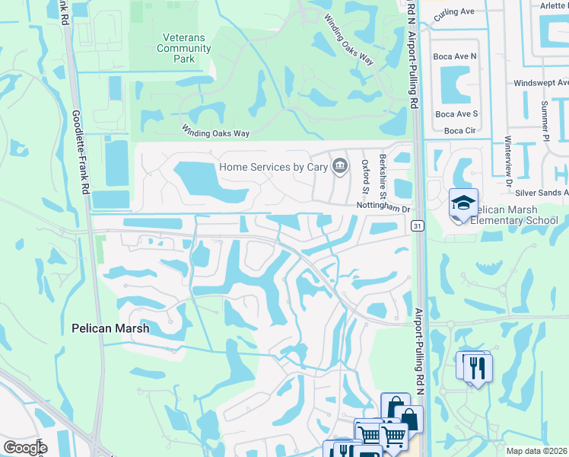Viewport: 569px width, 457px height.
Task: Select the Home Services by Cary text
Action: (272, 167)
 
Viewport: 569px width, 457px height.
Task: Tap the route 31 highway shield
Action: (418, 226)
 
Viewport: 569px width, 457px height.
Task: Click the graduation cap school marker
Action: (463, 203)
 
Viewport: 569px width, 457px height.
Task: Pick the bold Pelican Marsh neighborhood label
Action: (110, 328)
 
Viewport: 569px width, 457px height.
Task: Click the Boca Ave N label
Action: (455, 56)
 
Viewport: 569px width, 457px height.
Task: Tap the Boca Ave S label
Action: (456, 114)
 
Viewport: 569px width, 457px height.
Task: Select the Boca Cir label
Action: (459, 130)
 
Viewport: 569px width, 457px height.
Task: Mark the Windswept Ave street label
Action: (541, 82)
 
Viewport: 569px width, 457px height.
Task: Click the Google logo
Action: (25, 448)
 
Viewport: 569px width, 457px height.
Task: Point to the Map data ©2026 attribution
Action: (537, 451)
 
